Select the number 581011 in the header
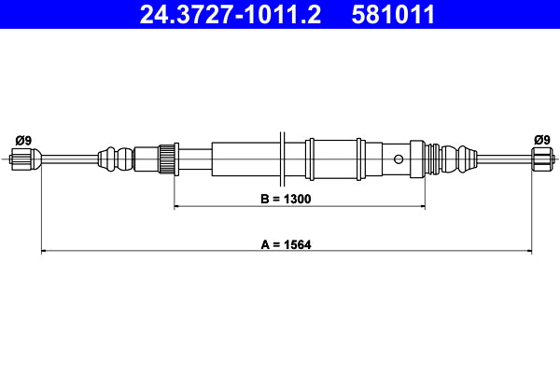click(393, 15)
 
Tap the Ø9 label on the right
click(541, 140)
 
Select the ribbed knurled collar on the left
click(168, 158)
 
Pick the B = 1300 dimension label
click(286, 199)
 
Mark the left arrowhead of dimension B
click(178, 206)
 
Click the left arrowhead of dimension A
click(44, 251)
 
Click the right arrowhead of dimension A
click(528, 251)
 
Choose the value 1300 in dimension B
click(297, 199)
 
